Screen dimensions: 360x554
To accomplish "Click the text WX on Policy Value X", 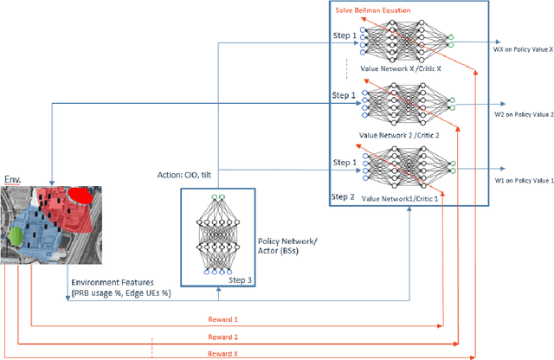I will point(523,48).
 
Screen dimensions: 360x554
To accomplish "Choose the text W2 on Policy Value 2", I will point(522,114).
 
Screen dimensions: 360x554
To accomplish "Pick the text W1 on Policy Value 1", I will point(522,180).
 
